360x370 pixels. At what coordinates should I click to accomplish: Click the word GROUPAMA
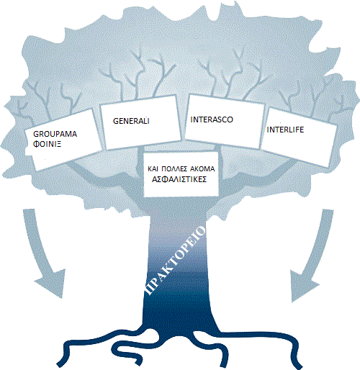click(x=55, y=134)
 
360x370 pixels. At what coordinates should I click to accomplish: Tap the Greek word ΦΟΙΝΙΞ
click(x=47, y=144)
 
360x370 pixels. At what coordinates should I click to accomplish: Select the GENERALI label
click(x=131, y=121)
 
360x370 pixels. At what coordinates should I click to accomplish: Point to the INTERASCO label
click(x=212, y=119)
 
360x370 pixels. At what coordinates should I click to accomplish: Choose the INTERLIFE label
click(x=285, y=130)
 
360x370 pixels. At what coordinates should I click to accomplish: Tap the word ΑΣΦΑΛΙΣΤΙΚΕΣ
click(x=179, y=179)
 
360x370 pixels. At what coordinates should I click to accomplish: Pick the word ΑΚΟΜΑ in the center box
click(x=202, y=169)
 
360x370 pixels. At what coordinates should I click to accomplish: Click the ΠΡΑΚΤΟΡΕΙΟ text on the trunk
click(x=175, y=261)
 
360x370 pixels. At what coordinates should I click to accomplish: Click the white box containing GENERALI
click(x=140, y=122)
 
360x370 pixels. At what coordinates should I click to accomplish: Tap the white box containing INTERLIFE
click(x=299, y=137)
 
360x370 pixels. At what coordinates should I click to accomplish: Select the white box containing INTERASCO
click(x=225, y=121)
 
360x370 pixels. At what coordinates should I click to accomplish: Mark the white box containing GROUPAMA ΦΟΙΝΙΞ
click(x=63, y=140)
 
